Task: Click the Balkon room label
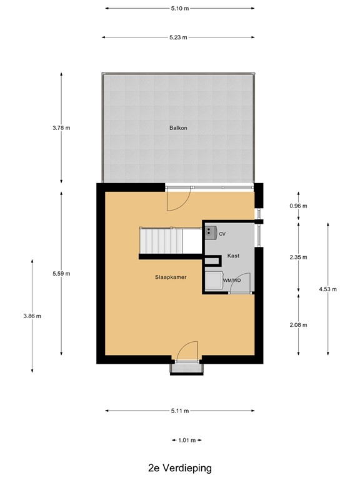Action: tap(178, 127)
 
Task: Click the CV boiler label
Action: tap(222, 233)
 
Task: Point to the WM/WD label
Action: tap(231, 281)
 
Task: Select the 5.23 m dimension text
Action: tap(179, 37)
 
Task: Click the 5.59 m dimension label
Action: tap(62, 273)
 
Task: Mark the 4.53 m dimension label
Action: tap(327, 289)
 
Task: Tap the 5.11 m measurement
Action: tap(179, 411)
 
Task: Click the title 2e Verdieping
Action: tap(179, 467)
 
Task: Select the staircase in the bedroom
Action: tap(160, 241)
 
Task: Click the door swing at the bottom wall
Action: tap(187, 351)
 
